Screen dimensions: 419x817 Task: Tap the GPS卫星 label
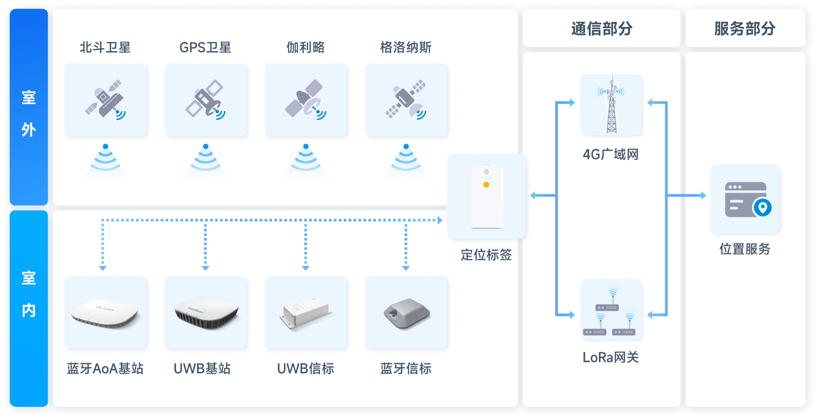205,47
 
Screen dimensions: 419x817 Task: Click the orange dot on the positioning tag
486,185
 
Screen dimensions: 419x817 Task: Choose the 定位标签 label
486,255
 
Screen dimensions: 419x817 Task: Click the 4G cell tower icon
611,105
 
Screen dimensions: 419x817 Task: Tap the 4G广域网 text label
611,154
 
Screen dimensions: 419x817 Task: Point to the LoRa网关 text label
611,357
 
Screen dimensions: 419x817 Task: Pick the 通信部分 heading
601,29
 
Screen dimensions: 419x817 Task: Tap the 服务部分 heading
745,29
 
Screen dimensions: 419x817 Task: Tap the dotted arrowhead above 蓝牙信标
406,268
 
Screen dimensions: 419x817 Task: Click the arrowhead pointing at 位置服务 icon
703,196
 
